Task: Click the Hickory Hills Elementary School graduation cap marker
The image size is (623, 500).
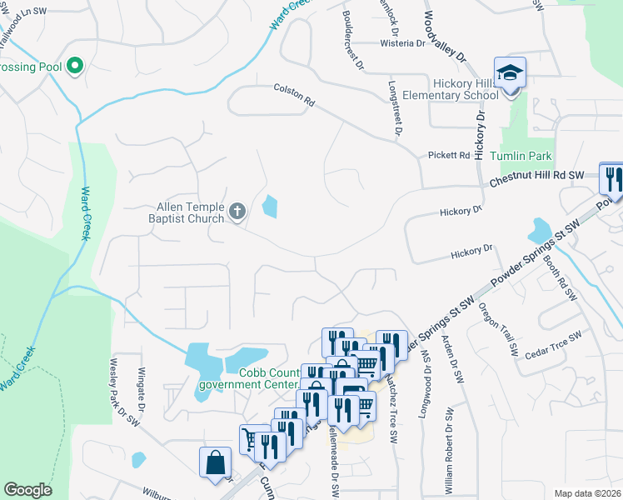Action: coord(509,72)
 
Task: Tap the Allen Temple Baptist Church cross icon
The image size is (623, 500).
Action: coord(237,212)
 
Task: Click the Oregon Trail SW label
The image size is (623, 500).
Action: coord(497,331)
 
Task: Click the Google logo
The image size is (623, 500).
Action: coord(27,490)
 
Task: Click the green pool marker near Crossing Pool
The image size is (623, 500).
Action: coord(75,64)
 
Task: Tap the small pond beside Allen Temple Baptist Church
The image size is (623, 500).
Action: coord(270,205)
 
